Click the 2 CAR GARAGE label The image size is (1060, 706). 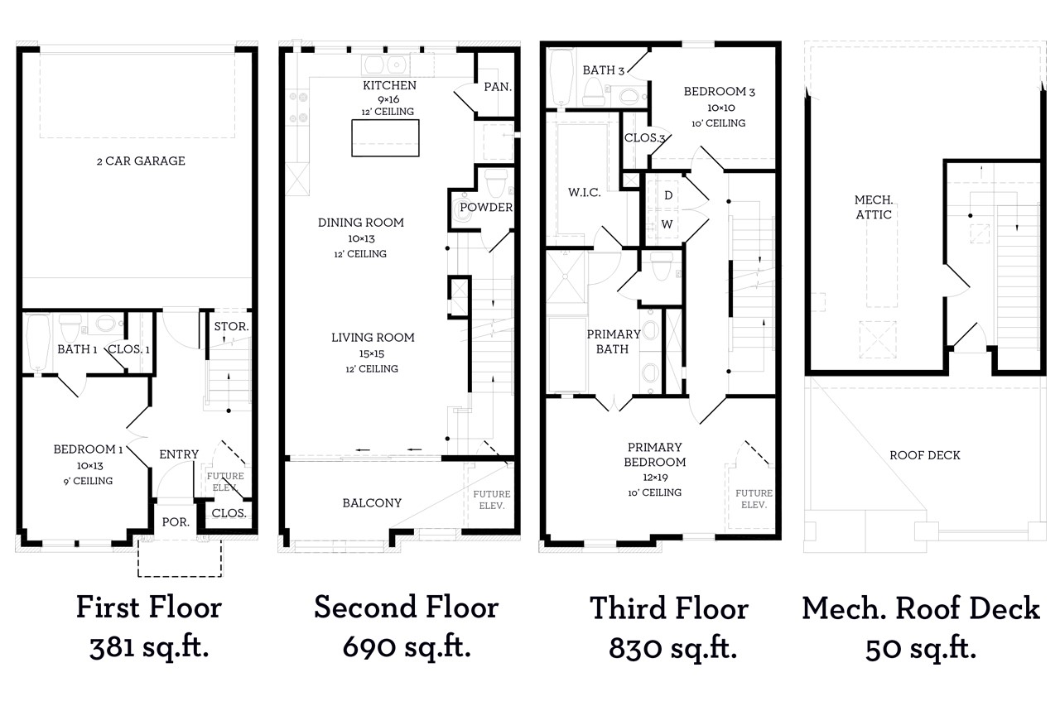(x=141, y=161)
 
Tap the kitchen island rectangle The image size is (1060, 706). (x=385, y=137)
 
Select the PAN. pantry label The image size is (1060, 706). (x=498, y=87)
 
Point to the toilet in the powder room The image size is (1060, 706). (x=496, y=183)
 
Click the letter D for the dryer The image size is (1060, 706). (x=668, y=195)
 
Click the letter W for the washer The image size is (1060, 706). (x=667, y=224)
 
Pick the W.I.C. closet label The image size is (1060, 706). (x=585, y=193)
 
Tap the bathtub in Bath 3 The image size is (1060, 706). (x=561, y=78)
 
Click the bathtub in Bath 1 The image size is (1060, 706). (x=37, y=343)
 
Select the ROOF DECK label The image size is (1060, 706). (x=925, y=455)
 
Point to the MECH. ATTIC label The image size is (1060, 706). (x=874, y=207)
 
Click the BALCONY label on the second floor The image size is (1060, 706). (x=372, y=503)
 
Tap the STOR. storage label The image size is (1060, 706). (x=231, y=326)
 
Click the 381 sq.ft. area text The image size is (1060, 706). (x=149, y=647)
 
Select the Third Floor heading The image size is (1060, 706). (x=669, y=608)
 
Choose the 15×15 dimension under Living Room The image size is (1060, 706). (x=372, y=353)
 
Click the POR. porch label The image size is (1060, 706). (x=176, y=522)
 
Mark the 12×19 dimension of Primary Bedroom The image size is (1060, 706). (x=655, y=478)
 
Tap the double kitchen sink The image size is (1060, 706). (x=386, y=65)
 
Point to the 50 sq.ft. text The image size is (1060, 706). (x=921, y=648)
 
